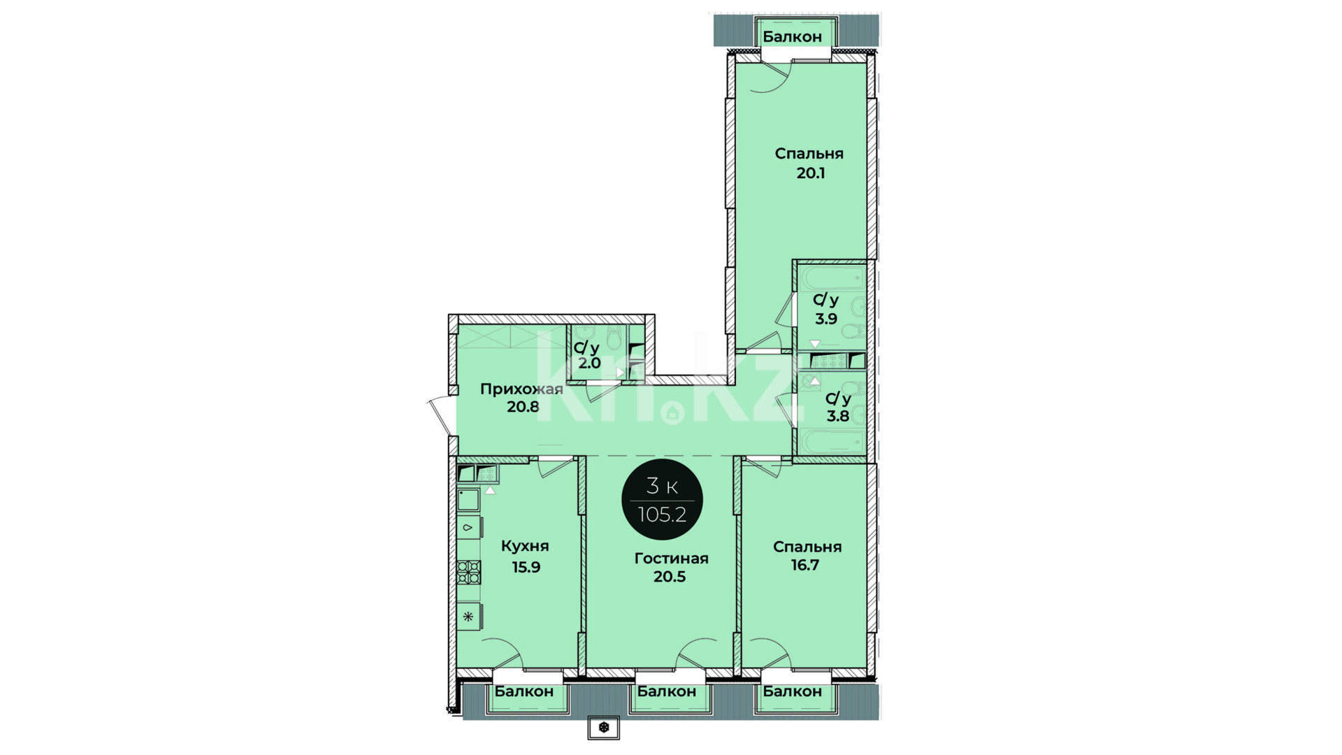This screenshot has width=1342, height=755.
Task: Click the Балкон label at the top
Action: (x=792, y=37)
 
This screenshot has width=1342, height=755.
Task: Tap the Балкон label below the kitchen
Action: (x=524, y=691)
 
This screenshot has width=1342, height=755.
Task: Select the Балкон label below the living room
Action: (x=667, y=691)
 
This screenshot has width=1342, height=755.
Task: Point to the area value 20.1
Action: (x=811, y=173)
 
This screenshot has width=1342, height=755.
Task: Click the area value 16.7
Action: (x=805, y=565)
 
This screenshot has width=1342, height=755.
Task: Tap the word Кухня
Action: (x=525, y=546)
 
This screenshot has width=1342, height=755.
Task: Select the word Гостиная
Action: (x=671, y=558)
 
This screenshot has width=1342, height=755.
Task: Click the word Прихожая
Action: (x=521, y=389)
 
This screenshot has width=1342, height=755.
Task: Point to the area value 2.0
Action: (x=589, y=364)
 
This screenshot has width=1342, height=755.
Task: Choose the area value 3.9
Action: (x=825, y=319)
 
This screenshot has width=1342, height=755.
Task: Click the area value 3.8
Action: (x=838, y=416)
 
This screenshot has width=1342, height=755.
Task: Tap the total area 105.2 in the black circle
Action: (x=662, y=515)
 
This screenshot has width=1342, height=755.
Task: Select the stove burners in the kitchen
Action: (x=468, y=573)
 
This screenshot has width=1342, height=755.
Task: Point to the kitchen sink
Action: (x=468, y=500)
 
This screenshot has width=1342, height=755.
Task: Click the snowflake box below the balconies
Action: (x=604, y=728)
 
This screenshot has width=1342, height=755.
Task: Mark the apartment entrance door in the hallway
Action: (x=440, y=416)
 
